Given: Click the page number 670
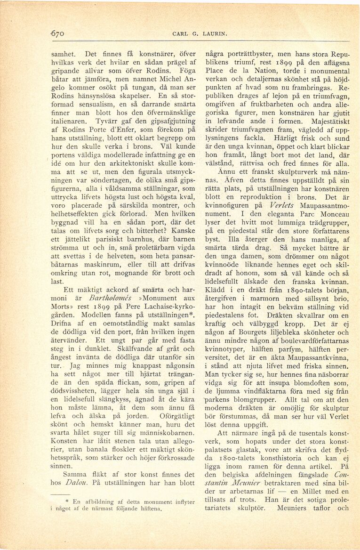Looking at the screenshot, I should [58, 33].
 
